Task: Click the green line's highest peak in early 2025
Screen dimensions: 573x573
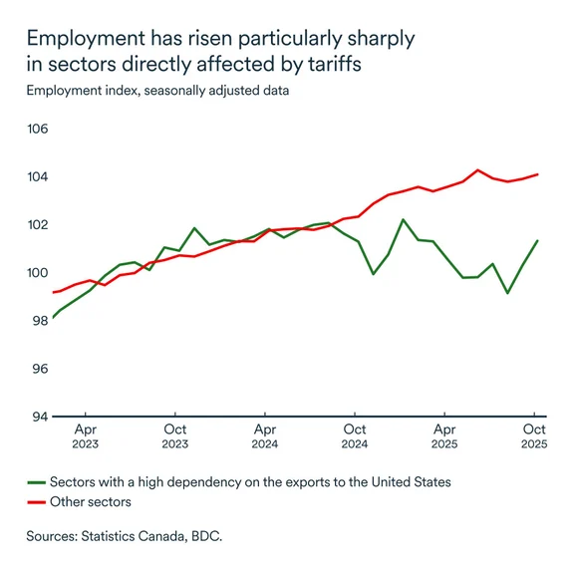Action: click(x=403, y=219)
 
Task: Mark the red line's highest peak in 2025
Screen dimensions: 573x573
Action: click(x=478, y=170)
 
